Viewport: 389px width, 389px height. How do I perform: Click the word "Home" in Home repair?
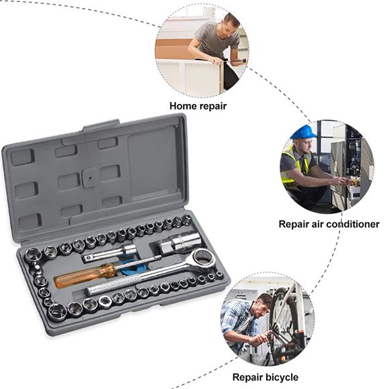point(182,106)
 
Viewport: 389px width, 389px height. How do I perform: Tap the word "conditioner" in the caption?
point(350,224)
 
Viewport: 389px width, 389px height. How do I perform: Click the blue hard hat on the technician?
point(303,132)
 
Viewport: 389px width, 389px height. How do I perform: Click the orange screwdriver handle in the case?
point(75,276)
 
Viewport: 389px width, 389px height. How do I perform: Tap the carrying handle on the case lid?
point(101,125)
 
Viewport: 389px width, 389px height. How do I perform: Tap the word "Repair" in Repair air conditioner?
point(296,224)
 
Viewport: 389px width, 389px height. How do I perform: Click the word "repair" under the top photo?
point(213,106)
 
